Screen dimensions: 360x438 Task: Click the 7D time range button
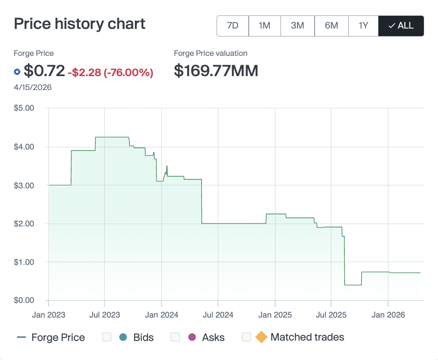pyautogui.click(x=232, y=26)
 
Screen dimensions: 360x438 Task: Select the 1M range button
pyautogui.click(x=264, y=26)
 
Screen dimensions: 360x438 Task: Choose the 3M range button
pyautogui.click(x=297, y=26)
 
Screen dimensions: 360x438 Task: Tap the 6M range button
pyautogui.click(x=331, y=26)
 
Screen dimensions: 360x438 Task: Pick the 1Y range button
pyautogui.click(x=363, y=26)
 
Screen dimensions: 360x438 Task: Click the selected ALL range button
pyautogui.click(x=401, y=26)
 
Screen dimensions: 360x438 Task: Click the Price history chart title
pyautogui.click(x=80, y=24)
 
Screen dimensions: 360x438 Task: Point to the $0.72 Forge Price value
pyautogui.click(x=44, y=71)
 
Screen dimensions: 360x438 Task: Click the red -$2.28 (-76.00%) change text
pyautogui.click(x=110, y=73)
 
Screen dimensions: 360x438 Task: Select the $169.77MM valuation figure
pyautogui.click(x=216, y=71)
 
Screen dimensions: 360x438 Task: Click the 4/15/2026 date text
pyautogui.click(x=33, y=87)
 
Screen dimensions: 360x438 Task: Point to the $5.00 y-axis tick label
pyautogui.click(x=24, y=108)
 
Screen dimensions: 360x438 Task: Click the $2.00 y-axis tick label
pyautogui.click(x=24, y=224)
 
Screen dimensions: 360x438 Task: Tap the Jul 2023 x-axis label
pyautogui.click(x=105, y=315)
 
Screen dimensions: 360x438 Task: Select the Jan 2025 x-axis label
pyautogui.click(x=275, y=315)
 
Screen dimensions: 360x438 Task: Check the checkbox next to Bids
pyautogui.click(x=107, y=337)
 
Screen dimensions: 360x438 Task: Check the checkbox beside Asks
pyautogui.click(x=175, y=337)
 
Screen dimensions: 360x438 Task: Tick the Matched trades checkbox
pyautogui.click(x=246, y=337)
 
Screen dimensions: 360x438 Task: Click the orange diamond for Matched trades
pyautogui.click(x=261, y=337)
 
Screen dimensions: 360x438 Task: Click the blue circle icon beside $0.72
pyautogui.click(x=17, y=72)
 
